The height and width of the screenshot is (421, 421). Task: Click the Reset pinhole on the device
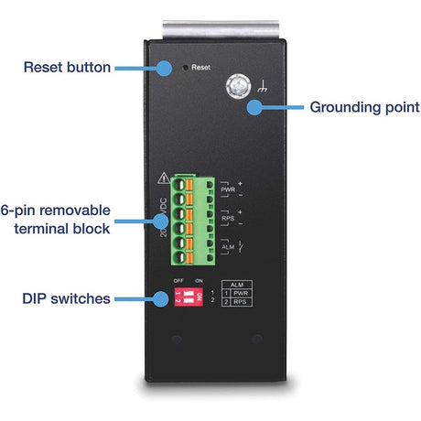pyautogui.click(x=187, y=67)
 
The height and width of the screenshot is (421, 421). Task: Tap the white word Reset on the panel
pyautogui.click(x=201, y=68)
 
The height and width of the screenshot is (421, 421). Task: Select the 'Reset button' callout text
pyautogui.click(x=67, y=67)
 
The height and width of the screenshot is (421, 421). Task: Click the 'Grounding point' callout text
pyautogui.click(x=364, y=107)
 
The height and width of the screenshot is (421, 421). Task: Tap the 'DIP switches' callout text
pyautogui.click(x=67, y=298)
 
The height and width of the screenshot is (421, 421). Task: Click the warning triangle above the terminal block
pyautogui.click(x=163, y=178)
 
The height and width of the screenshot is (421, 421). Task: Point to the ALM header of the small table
pyautogui.click(x=235, y=284)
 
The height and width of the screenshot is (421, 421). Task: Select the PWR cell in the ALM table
pyautogui.click(x=240, y=292)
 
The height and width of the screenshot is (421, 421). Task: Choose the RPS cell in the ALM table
pyautogui.click(x=240, y=301)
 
